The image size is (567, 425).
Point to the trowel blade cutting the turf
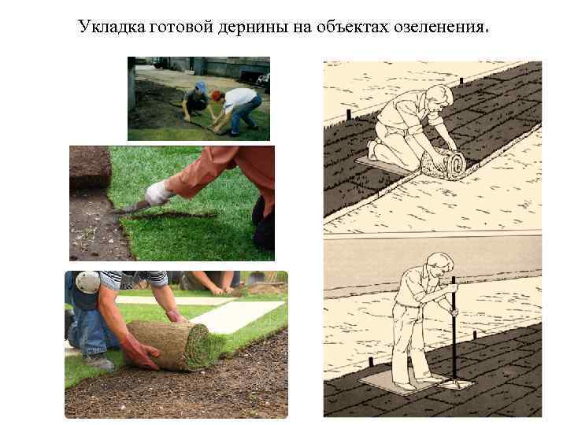(126, 209)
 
